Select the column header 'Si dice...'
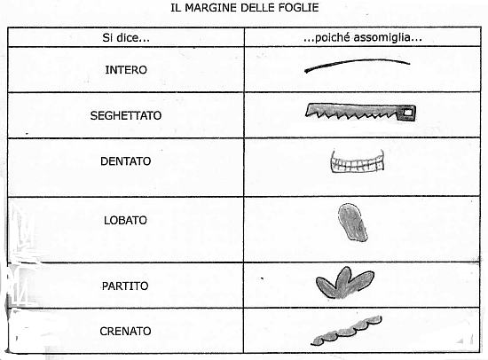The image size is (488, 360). (126, 37)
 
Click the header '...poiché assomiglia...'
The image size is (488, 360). (363, 37)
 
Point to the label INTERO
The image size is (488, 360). (126, 70)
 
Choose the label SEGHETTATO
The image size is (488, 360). (126, 116)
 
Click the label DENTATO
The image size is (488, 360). (126, 161)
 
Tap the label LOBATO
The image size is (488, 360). (125, 220)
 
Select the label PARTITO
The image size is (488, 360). (125, 286)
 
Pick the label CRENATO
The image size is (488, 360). (125, 331)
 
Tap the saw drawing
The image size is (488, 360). (361, 113)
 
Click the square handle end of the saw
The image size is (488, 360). (407, 113)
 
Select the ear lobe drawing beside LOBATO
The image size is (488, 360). (352, 223)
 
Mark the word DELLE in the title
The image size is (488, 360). (256, 7)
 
